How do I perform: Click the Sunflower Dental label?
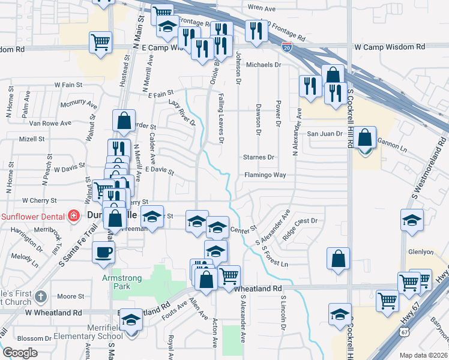(32, 215)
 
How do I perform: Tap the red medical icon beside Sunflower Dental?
(73, 215)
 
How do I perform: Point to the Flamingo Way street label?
(265, 175)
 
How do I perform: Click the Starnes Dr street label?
(258, 157)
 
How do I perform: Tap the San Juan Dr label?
(325, 134)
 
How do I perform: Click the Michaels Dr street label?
(264, 64)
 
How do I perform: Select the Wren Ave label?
(261, 9)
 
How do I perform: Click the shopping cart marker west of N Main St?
(100, 41)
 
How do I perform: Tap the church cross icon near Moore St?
(41, 296)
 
